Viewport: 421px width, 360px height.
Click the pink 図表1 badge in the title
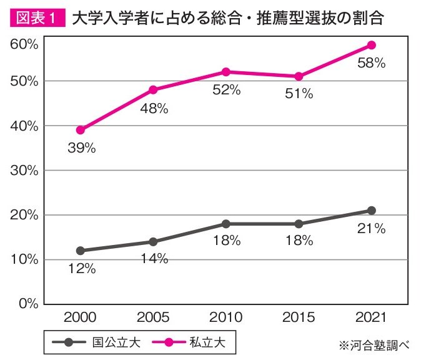pos(37,18)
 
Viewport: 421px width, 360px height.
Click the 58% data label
pos(371,63)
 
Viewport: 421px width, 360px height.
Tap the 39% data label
pos(81,148)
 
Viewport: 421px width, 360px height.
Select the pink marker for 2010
pos(225,72)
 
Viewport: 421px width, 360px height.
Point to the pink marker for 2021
pos(371,45)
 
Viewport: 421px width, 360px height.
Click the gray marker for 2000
pos(80,251)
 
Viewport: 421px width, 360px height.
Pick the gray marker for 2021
pos(371,211)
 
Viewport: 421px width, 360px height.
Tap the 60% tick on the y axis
pos(24,44)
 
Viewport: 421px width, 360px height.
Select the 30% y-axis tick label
pos(24,170)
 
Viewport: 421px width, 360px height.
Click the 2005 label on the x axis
pos(153,318)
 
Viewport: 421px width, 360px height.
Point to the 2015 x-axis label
pos(299,318)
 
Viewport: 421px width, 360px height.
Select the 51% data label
pos(299,94)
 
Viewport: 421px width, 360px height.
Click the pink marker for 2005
pos(153,90)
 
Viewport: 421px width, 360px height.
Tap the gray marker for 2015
pos(299,224)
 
